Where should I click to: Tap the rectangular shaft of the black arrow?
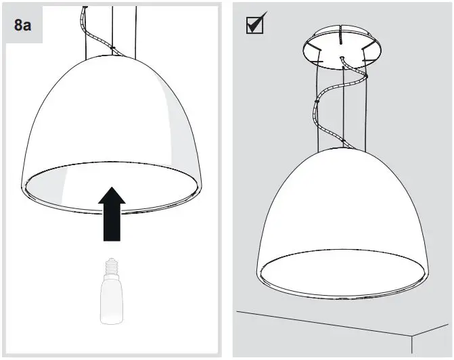pos(112,224)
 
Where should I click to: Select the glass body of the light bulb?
pos(112,300)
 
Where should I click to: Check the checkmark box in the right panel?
pos(254,24)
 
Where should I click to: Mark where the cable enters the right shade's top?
pos(344,144)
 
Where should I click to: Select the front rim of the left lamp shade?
pos(112,210)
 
